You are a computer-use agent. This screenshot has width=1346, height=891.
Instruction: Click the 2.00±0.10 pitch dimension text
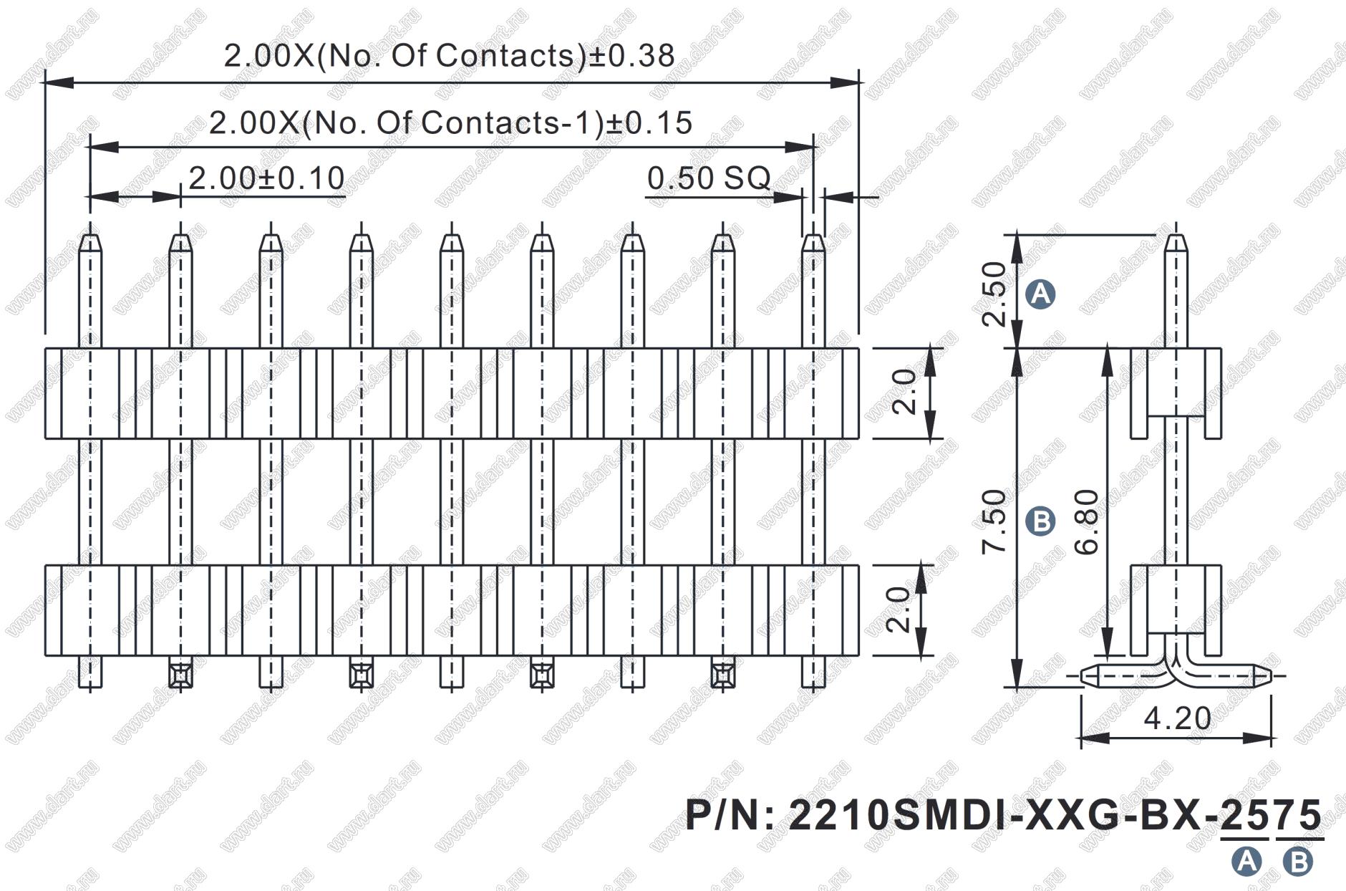pos(266,178)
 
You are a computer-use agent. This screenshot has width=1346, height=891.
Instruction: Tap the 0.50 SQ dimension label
pos(709,178)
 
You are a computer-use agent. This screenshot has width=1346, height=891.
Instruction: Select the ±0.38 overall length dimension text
pos(450,55)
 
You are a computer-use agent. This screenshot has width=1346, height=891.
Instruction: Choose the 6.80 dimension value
pos(1087,521)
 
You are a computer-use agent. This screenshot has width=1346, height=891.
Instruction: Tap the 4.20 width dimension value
pos(1178,718)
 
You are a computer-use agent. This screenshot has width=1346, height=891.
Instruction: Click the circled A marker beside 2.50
pos(1040,294)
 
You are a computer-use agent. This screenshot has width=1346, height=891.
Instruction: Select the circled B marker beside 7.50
pos(1040,521)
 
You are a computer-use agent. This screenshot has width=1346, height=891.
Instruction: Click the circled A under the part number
pos(1246,860)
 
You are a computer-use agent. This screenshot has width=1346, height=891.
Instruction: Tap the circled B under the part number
pos(1298,860)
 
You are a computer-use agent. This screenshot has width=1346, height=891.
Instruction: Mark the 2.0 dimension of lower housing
pos(898,610)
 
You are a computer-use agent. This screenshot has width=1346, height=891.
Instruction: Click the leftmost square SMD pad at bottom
pos(180,674)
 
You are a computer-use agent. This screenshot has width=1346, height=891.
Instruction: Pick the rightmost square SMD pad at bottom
pos(722,674)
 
